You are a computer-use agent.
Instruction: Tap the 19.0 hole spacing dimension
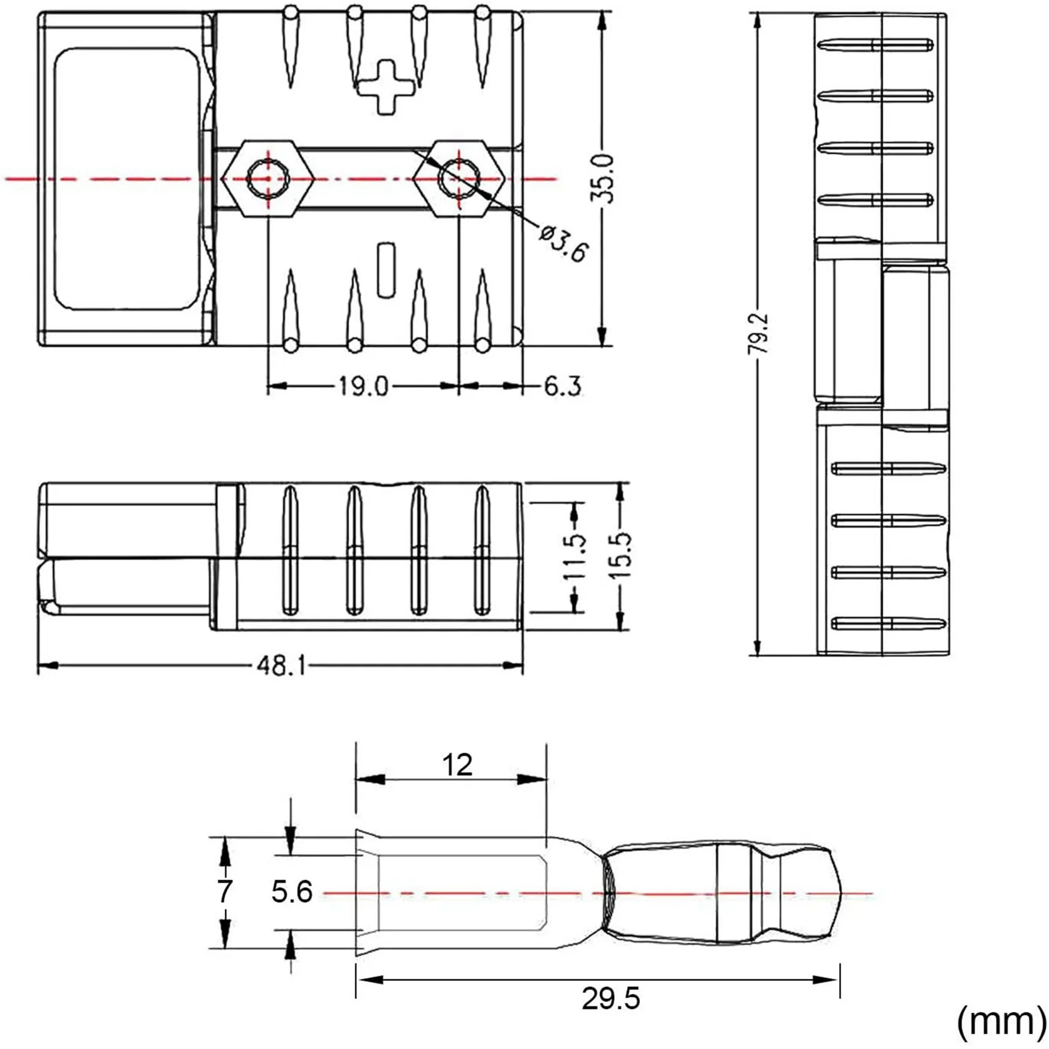[363, 387]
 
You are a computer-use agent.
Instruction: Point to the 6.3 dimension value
[562, 387]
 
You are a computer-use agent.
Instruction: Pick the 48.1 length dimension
[281, 666]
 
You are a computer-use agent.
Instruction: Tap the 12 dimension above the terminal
[457, 765]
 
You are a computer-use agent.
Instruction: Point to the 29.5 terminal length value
[611, 998]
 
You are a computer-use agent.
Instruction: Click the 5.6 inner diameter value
[292, 892]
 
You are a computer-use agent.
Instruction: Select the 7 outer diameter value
[225, 892]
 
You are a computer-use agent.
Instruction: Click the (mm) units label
[1000, 1021]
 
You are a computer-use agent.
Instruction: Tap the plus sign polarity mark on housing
[386, 87]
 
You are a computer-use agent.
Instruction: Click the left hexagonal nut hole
[268, 178]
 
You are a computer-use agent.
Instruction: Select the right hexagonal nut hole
[459, 178]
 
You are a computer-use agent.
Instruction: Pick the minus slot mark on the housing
[386, 270]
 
